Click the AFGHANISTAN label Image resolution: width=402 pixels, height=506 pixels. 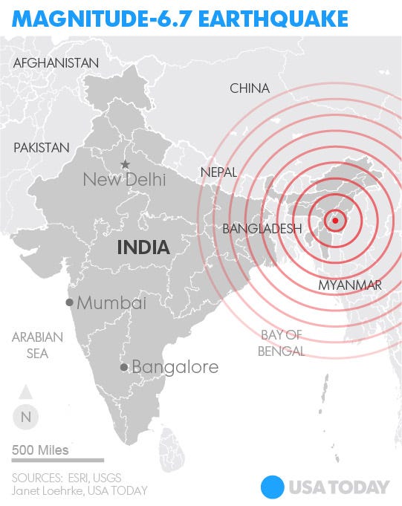56,63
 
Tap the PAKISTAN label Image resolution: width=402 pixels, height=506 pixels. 42,148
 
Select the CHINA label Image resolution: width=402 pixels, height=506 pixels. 250,88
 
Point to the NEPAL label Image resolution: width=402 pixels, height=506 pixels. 218,172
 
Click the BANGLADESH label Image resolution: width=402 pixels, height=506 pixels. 262,229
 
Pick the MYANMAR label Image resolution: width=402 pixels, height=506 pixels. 349,285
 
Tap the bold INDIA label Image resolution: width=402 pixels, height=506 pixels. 143,247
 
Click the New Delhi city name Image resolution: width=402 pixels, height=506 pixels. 125,179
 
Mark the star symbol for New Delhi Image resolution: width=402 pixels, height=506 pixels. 125,164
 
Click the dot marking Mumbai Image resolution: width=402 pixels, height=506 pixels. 69,302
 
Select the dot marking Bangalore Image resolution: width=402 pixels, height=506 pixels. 124,367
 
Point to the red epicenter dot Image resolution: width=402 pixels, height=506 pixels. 335,220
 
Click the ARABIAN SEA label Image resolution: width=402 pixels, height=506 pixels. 37,345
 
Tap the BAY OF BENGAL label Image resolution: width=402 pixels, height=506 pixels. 282,343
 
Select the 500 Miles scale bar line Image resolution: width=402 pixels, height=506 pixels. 57,461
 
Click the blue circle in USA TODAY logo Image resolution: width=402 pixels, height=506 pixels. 273,487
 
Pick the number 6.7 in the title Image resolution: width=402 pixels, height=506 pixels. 176,17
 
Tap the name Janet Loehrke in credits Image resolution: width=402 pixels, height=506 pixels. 44,490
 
